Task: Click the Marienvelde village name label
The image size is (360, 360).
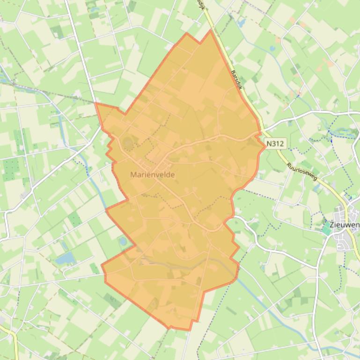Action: pyautogui.click(x=153, y=174)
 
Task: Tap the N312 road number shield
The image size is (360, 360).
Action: pyautogui.click(x=274, y=143)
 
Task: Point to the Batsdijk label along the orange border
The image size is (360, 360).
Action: pyautogui.click(x=238, y=80)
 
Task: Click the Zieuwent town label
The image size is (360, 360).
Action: pyautogui.click(x=345, y=225)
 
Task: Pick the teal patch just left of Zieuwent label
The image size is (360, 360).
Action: pyautogui.click(x=326, y=229)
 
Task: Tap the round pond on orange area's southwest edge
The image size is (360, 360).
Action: pyautogui.click(x=123, y=242)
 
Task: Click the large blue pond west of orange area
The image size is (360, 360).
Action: pyautogui.click(x=66, y=258)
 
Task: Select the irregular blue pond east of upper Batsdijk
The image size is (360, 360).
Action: pyautogui.click(x=242, y=22)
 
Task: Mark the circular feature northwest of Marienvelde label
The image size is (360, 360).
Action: pyautogui.click(x=127, y=142)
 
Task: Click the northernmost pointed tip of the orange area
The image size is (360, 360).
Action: pyautogui.click(x=211, y=30)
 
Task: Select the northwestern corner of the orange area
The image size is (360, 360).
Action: pyautogui.click(x=96, y=103)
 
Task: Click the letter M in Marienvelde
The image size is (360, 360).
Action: pyautogui.click(x=133, y=174)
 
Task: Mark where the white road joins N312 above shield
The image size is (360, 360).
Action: pyautogui.click(x=263, y=128)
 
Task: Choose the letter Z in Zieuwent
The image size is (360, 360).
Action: pyautogui.click(x=332, y=225)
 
